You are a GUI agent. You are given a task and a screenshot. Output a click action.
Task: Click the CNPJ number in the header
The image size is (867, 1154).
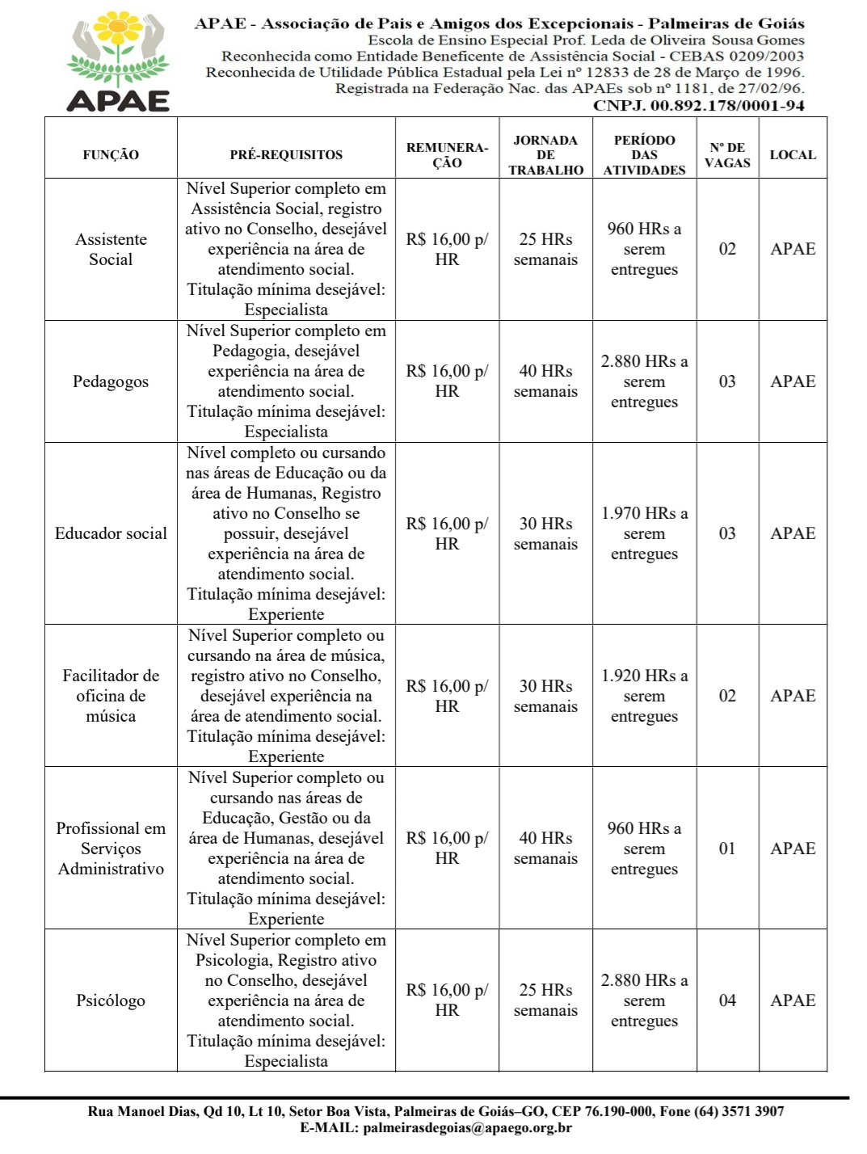[x=698, y=105]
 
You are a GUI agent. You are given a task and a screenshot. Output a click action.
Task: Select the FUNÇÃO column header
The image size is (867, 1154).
[x=111, y=154]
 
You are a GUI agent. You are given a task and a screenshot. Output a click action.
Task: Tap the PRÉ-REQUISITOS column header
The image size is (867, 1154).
[x=286, y=154]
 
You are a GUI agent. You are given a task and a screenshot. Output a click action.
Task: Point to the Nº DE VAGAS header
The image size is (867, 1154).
[x=727, y=154]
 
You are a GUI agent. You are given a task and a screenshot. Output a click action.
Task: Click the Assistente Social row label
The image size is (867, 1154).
[x=111, y=249]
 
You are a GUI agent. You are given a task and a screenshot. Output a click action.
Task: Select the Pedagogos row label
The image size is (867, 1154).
[x=111, y=381]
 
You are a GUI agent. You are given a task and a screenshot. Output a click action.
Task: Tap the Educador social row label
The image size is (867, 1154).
[x=111, y=533]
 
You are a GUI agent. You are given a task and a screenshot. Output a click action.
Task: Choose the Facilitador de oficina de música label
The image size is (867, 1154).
[x=111, y=696]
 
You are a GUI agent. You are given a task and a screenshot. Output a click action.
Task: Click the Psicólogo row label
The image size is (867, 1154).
[x=111, y=1000]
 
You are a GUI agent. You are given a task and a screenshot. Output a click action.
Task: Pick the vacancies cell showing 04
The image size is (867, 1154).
[x=727, y=1000]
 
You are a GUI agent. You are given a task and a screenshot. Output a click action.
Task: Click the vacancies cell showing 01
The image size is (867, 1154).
[x=727, y=849]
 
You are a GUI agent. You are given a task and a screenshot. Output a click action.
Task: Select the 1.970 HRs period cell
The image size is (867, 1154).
[x=644, y=533]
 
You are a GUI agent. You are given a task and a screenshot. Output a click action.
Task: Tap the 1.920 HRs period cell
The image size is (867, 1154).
[x=644, y=696]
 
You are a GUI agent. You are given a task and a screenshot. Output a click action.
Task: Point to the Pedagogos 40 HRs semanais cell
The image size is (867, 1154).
[x=545, y=381]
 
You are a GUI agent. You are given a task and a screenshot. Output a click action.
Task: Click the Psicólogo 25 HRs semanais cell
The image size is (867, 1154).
[x=545, y=1000]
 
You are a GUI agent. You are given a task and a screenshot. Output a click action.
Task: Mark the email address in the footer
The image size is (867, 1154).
[x=467, y=1128]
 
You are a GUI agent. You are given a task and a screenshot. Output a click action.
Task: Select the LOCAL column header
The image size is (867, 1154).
[x=793, y=154]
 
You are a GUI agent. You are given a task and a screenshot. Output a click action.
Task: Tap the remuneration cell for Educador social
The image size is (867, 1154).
[x=447, y=533]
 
